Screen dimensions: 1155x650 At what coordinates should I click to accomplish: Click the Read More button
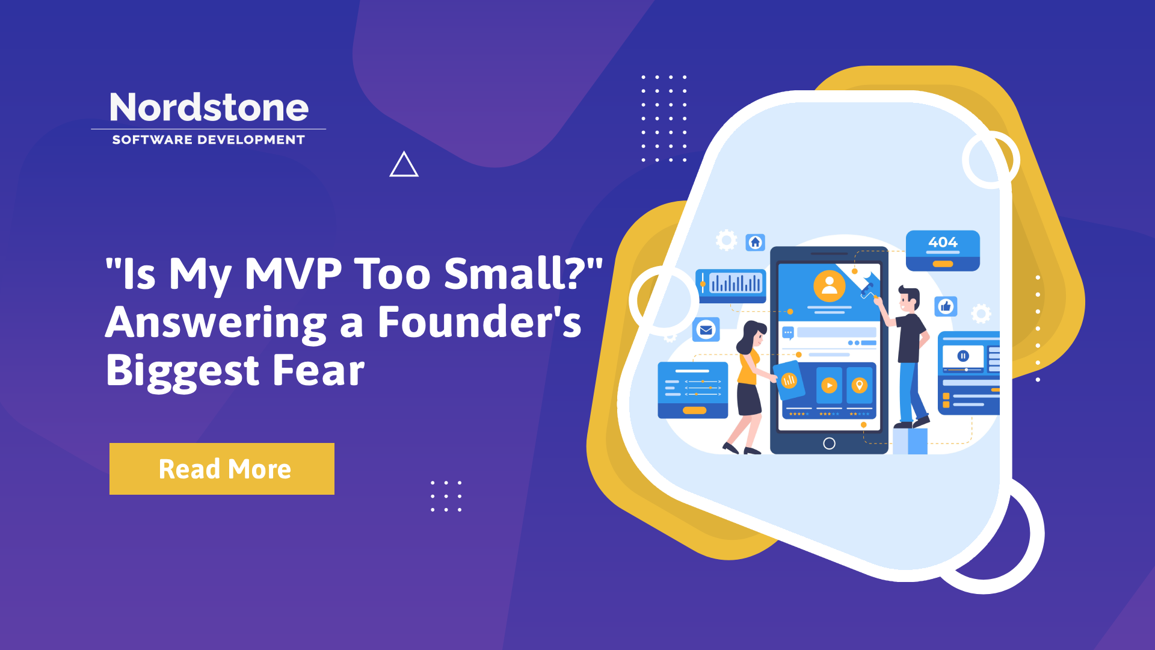pyautogui.click(x=222, y=469)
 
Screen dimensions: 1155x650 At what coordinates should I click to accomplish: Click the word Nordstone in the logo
pyautogui.click(x=209, y=108)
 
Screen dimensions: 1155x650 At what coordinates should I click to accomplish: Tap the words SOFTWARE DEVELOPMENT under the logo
pyautogui.click(x=209, y=140)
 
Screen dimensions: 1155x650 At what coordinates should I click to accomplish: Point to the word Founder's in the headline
pyautogui.click(x=479, y=322)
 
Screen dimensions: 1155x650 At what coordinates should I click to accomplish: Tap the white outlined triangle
pyautogui.click(x=404, y=164)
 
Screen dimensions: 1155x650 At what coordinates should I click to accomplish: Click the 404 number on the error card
pyautogui.click(x=943, y=242)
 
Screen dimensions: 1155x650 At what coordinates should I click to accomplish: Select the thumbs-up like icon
pyautogui.click(x=946, y=306)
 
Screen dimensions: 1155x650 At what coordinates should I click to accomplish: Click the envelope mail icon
pyautogui.click(x=706, y=330)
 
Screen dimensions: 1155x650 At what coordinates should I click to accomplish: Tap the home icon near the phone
pyautogui.click(x=756, y=242)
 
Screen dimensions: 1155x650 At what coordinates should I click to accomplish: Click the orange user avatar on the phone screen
pyautogui.click(x=830, y=286)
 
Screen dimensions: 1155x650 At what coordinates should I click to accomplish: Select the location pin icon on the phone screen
pyautogui.click(x=860, y=385)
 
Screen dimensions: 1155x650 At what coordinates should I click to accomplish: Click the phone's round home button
pyautogui.click(x=829, y=444)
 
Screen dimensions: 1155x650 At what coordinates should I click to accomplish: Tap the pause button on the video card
pyautogui.click(x=963, y=356)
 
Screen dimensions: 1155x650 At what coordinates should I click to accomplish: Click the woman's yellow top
pyautogui.click(x=748, y=367)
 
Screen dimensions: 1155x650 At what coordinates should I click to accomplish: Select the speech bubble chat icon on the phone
pyautogui.click(x=788, y=333)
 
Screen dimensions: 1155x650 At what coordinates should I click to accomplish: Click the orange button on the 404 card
pyautogui.click(x=943, y=264)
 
